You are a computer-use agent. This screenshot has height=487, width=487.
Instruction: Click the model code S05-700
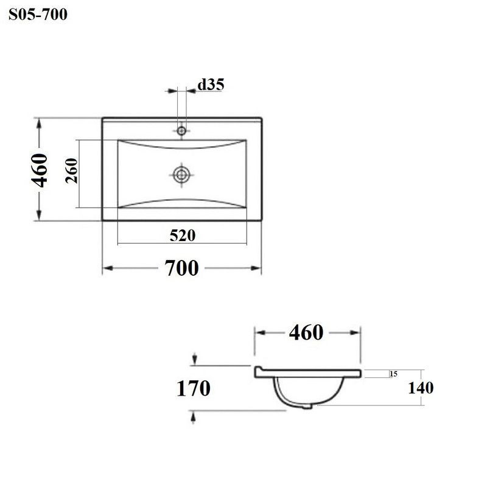tap(38, 14)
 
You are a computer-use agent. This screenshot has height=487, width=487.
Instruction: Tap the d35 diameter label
tap(211, 84)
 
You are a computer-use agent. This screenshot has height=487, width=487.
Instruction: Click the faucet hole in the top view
tap(181, 131)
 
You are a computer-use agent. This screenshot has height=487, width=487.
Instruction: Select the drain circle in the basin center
tap(181, 175)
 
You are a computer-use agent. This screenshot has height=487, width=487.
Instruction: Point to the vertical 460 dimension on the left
tap(40, 170)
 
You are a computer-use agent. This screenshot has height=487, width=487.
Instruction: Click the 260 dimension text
tap(71, 170)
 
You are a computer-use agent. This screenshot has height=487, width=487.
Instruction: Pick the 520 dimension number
tap(183, 236)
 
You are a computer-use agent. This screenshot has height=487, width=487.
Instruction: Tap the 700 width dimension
tap(181, 268)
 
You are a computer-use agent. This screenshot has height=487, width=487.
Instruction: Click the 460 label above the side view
tap(306, 332)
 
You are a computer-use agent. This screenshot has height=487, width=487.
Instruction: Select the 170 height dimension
tap(194, 388)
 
